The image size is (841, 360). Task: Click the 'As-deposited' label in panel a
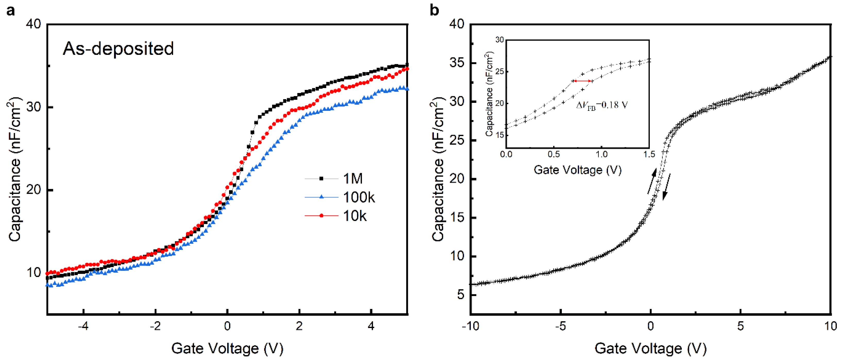point(118,49)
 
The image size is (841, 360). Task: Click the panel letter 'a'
point(11,11)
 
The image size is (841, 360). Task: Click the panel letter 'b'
point(434,11)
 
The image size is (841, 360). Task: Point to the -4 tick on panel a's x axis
point(83,326)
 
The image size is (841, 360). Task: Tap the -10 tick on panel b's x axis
point(470,326)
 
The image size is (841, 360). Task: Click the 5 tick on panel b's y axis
point(461,295)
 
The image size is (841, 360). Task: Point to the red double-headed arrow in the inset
point(582,81)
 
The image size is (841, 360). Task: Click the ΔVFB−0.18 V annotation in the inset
point(601,105)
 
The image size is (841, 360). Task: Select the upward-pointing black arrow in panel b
point(652,181)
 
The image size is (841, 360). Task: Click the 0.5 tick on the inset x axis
point(554,154)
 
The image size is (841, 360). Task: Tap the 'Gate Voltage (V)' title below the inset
point(577,170)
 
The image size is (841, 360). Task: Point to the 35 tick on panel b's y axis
point(457,63)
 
